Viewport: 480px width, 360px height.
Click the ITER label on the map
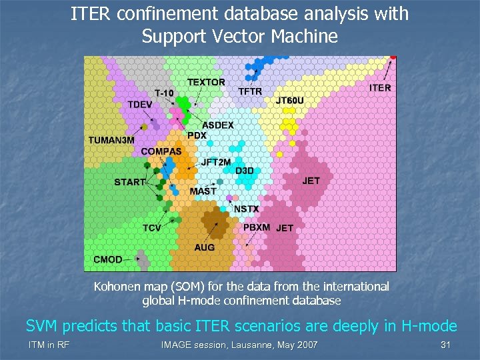380,87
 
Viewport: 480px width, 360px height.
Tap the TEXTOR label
206,82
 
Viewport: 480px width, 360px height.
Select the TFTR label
250,91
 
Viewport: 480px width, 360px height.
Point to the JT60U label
290,101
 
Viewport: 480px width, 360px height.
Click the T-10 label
164,93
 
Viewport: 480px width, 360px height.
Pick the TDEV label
140,105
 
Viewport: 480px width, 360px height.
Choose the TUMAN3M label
111,140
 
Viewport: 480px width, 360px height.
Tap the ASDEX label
218,125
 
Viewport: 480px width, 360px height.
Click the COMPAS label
161,151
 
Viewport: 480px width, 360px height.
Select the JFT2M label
216,162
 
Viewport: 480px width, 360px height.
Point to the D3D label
245,171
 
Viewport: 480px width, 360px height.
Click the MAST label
203,191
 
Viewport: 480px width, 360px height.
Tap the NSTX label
246,209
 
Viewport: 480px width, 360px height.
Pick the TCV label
151,228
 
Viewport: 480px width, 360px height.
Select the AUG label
205,247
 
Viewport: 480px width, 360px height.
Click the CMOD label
107,259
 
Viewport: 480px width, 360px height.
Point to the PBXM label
257,227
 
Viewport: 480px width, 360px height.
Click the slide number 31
446,345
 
